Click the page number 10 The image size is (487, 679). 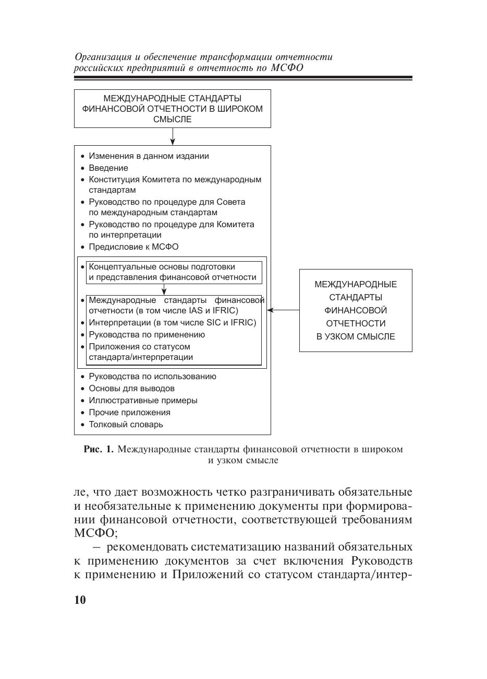(80, 600)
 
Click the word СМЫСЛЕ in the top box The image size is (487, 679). (173, 120)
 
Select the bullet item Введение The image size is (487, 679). (108, 168)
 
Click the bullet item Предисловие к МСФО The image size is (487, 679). (133, 247)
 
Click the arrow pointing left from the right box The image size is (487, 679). (283, 310)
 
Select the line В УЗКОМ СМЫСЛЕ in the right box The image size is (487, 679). (356, 337)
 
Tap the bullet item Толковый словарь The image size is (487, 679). (126, 425)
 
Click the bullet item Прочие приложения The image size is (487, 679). (129, 413)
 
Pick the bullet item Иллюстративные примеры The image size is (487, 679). (143, 401)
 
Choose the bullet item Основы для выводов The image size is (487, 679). (131, 389)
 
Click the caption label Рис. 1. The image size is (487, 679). (98, 450)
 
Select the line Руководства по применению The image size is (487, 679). (147, 335)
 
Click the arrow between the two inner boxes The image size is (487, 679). (164, 290)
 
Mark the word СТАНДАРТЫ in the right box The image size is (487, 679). (356, 298)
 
